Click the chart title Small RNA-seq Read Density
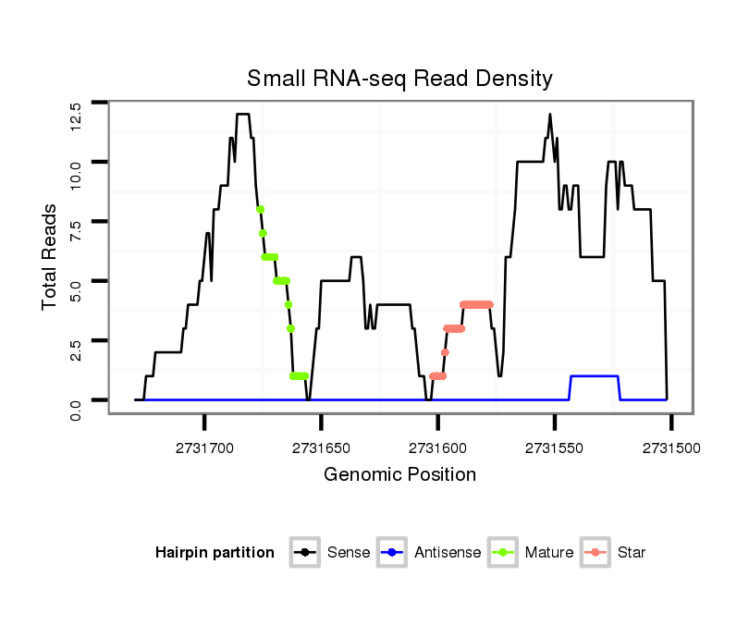click(399, 79)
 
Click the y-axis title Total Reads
click(52, 257)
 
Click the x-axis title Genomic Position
click(399, 475)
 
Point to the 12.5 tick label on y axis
click(77, 115)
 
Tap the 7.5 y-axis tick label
click(77, 233)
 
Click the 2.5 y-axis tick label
click(77, 351)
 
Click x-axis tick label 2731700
click(204, 448)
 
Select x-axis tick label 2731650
click(321, 448)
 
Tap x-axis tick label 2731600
click(437, 448)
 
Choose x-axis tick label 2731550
click(554, 448)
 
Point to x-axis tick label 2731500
click(670, 448)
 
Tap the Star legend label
click(631, 553)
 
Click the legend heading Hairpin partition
click(215, 553)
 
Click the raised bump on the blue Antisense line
click(595, 376)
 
